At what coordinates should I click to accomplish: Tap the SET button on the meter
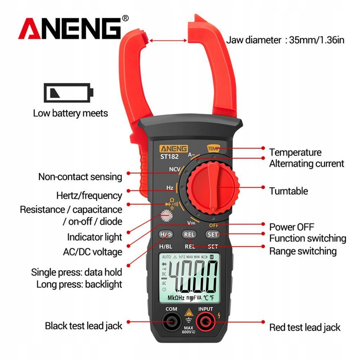(x=212, y=234)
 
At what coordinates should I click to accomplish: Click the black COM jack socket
(x=171, y=322)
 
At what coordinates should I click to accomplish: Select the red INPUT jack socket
(x=205, y=322)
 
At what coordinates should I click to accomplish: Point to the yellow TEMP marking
(x=213, y=149)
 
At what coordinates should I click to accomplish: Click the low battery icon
(x=69, y=93)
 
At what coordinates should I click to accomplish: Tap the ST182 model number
(x=169, y=156)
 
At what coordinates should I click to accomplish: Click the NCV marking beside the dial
(x=175, y=169)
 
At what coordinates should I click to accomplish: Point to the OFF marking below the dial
(x=213, y=225)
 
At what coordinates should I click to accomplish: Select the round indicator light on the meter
(x=166, y=216)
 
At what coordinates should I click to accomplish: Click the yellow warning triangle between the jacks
(x=189, y=312)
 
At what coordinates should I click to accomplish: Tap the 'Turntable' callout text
(x=288, y=191)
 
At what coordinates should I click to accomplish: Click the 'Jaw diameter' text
(x=253, y=40)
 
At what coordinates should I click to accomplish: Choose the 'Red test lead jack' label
(x=305, y=327)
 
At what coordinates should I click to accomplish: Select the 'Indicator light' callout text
(x=94, y=237)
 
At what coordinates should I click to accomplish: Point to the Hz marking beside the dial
(x=170, y=188)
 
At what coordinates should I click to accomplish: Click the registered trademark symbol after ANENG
(x=125, y=18)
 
